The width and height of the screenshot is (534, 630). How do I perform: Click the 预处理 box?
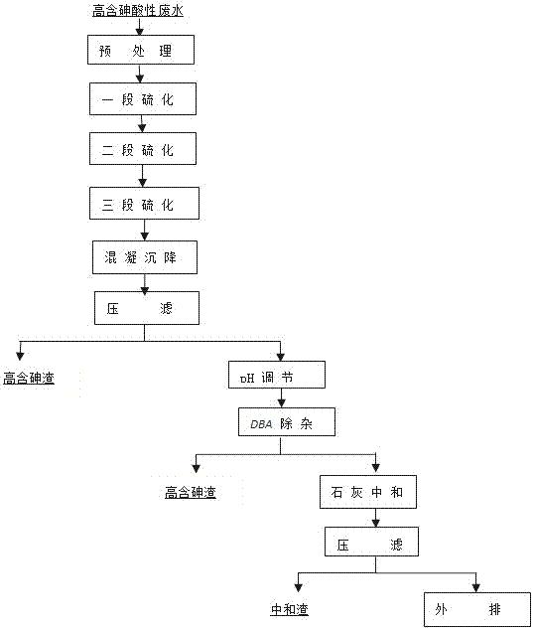point(141,50)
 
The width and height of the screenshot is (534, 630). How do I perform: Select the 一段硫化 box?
point(143,98)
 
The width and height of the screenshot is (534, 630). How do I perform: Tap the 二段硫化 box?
point(143,149)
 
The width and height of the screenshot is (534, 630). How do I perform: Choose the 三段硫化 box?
point(144,203)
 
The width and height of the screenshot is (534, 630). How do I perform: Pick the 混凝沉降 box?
point(145,257)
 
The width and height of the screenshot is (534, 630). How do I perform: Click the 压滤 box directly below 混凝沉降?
point(147,308)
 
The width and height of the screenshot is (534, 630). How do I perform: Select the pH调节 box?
point(277,375)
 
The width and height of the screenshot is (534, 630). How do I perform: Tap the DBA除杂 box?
point(287,422)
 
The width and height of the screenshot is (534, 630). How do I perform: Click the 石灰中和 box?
point(368,492)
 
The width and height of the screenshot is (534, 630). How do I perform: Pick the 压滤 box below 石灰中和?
point(371,542)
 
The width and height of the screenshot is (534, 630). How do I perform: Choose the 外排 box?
point(477,609)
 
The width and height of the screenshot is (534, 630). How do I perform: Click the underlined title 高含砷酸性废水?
point(138,11)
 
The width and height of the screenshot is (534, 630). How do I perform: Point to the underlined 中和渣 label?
point(289,609)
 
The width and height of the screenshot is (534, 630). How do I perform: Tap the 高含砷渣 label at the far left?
point(29,378)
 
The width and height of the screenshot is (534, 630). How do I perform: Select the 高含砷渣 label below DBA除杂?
point(191,492)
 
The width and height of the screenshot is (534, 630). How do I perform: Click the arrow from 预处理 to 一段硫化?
point(140,74)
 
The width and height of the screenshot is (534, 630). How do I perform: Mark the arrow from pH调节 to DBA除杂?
point(282,398)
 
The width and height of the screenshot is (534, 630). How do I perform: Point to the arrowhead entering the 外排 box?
point(475,588)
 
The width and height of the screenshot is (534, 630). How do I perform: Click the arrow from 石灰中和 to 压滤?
point(375,518)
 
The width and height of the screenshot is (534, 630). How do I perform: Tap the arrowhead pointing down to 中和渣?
point(298,587)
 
